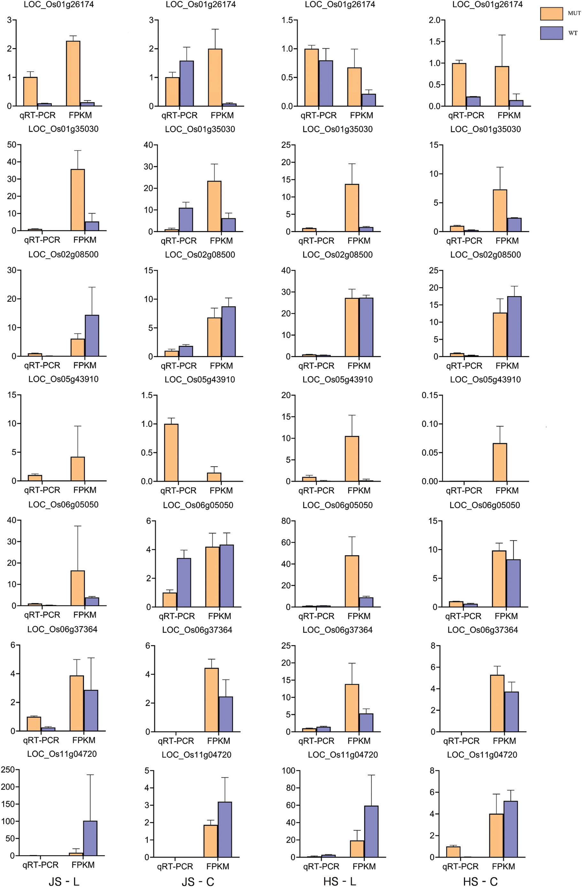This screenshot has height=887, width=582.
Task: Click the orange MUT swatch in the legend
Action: tap(551, 14)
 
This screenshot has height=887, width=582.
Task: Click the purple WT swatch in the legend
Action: tap(551, 33)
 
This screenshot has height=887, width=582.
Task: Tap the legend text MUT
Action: tap(574, 13)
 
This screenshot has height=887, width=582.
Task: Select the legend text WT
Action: tap(573, 33)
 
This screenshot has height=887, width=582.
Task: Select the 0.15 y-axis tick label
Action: tap(430, 395)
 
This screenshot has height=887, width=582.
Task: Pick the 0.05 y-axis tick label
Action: tap(430, 452)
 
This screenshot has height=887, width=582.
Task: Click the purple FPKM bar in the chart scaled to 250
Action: tap(90, 838)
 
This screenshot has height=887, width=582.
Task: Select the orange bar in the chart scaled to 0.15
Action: tap(500, 462)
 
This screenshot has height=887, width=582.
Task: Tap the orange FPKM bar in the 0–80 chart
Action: tap(352, 581)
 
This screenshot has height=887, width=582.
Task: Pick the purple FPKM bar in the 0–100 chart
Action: tap(371, 831)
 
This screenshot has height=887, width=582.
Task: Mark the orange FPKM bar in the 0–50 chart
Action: tap(77, 200)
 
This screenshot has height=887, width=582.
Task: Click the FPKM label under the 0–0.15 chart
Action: tap(507, 491)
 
